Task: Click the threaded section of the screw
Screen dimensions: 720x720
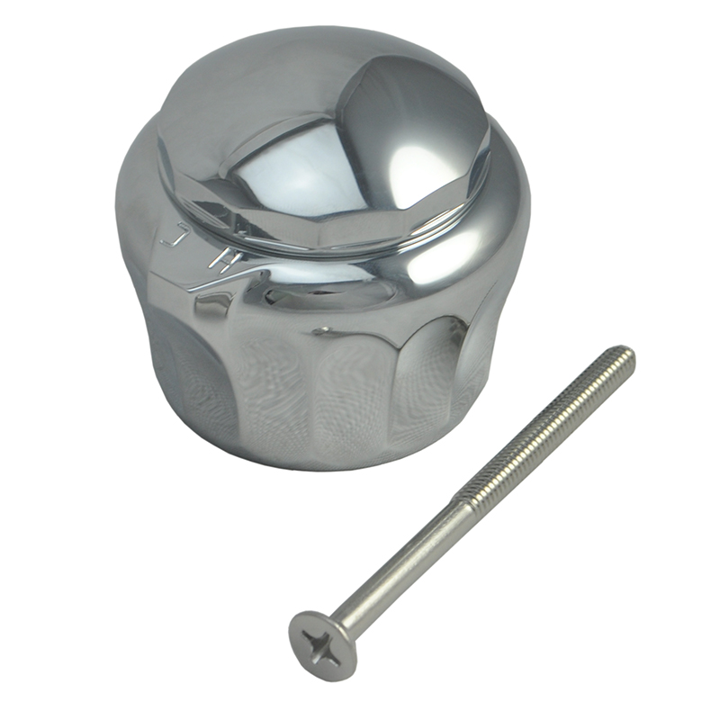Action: [549, 423]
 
